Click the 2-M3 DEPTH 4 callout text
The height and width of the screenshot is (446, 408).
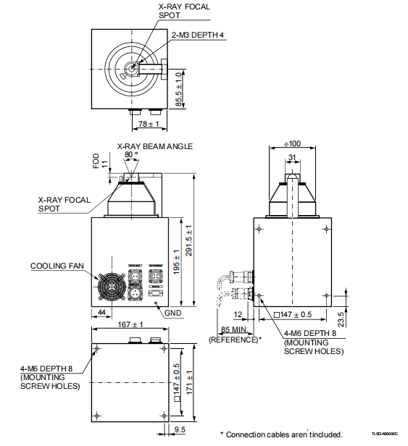pyautogui.click(x=196, y=34)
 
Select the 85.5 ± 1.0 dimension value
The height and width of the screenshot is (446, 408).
pyautogui.click(x=180, y=89)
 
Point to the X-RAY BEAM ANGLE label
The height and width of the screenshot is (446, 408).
pyautogui.click(x=155, y=146)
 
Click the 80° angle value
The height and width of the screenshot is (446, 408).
pyautogui.click(x=130, y=155)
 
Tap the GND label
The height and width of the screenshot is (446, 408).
pyautogui.click(x=172, y=314)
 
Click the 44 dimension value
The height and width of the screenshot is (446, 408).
pyautogui.click(x=101, y=312)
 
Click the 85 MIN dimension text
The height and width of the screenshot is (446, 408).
pyautogui.click(x=233, y=331)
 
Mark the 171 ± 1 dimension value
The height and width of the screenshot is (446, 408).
pyautogui.click(x=191, y=382)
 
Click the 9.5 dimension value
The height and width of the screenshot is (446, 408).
pyautogui.click(x=180, y=432)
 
